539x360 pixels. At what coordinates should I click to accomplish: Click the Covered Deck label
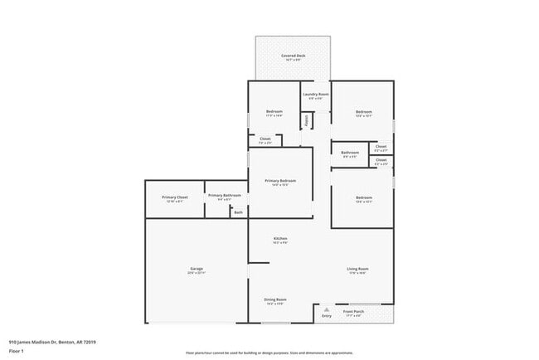pyautogui.click(x=293, y=56)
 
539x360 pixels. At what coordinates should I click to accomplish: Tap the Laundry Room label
pyautogui.click(x=315, y=95)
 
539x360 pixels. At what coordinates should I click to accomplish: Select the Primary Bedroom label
pyautogui.click(x=280, y=181)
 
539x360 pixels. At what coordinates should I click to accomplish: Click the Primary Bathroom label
pyautogui.click(x=225, y=196)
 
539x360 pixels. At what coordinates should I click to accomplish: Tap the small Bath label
pyautogui.click(x=238, y=213)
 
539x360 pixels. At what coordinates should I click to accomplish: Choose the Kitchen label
pyautogui.click(x=280, y=239)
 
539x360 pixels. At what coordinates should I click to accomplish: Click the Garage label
pyautogui.click(x=197, y=269)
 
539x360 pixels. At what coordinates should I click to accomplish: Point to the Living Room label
pyautogui.click(x=357, y=269)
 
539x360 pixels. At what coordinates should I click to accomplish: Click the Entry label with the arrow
pyautogui.click(x=326, y=316)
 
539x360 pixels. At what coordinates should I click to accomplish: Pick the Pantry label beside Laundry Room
pyautogui.click(x=306, y=120)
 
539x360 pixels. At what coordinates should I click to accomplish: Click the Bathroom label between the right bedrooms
pyautogui.click(x=350, y=153)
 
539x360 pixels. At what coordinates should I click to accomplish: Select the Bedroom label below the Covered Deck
pyautogui.click(x=274, y=112)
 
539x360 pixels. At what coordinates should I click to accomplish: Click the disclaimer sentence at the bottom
pyautogui.click(x=269, y=352)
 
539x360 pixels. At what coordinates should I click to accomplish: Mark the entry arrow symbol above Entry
pyautogui.click(x=326, y=309)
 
